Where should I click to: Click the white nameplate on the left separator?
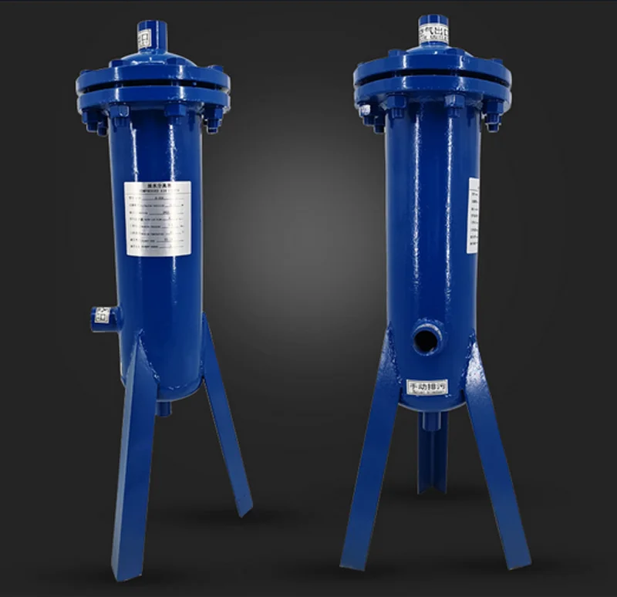tap(157, 218)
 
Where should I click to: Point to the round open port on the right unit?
tap(427, 338)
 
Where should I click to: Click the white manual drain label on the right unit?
tap(427, 386)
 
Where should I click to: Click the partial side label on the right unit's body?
tap(473, 215)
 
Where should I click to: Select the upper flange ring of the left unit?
tap(153, 76)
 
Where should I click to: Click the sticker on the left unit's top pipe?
tap(144, 38)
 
